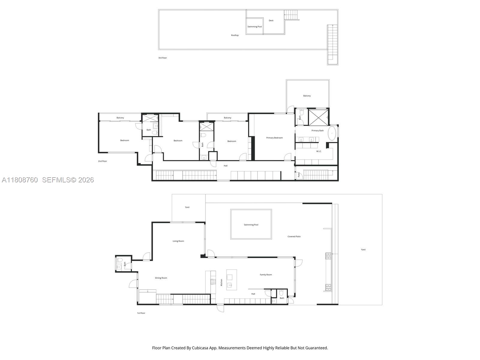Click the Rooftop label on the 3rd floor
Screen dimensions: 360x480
pos(235,35)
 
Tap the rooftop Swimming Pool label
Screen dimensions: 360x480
pos(254,27)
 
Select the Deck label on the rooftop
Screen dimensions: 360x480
pos(271,21)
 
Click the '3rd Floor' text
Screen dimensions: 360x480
pos(163,58)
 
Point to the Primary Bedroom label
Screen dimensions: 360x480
pos(274,138)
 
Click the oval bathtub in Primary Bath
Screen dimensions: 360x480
pos(332,133)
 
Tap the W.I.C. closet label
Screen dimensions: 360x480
pos(319,151)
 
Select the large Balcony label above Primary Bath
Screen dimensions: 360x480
pos(307,96)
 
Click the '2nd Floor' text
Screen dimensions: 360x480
pos(102,161)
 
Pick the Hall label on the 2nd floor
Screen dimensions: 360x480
pos(226,166)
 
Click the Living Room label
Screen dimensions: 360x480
pos(178,241)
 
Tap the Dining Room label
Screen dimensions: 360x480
pos(161,278)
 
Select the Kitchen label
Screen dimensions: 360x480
pos(222,282)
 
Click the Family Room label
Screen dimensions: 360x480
pos(266,275)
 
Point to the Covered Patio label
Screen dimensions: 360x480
pos(294,237)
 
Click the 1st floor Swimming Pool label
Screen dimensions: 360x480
pos(251,225)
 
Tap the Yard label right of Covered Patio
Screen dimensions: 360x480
pos(363,250)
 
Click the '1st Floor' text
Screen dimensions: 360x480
pos(141,313)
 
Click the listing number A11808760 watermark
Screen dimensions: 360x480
pos(20,180)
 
